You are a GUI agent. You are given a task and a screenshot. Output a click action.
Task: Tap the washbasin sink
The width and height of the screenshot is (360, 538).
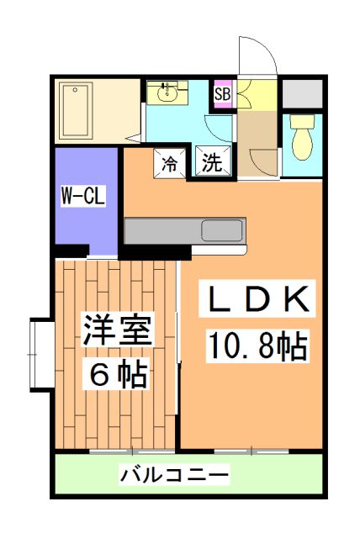[168, 92]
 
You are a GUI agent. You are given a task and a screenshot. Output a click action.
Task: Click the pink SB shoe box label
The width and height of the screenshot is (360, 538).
[222, 94]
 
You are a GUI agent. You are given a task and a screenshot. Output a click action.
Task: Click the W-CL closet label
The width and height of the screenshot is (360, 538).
[82, 198]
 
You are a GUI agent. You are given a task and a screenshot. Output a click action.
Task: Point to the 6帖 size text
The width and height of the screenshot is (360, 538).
[118, 373]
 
